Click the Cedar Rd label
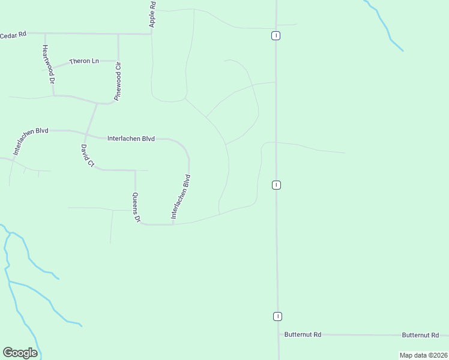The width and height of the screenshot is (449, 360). point(13,34)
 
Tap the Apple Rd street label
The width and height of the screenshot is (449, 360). point(152,13)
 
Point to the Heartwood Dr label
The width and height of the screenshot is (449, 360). point(48,64)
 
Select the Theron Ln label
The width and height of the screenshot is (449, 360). point(83,61)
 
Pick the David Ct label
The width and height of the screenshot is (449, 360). point(88,155)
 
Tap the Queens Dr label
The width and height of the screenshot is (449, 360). point(136,208)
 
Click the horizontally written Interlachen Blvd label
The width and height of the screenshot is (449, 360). point(131,139)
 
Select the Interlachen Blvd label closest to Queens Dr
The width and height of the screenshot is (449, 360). point(180,196)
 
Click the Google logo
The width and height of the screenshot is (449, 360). point(20,353)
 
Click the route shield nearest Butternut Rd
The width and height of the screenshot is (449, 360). point(278,316)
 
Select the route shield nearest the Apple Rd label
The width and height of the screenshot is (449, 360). point(275,35)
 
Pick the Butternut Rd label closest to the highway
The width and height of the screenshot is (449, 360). point(303,334)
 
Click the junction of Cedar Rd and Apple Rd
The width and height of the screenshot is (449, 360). point(151,34)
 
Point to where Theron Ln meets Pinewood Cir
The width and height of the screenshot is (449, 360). point(118,61)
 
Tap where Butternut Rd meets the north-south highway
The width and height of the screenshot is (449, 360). point(279,334)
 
